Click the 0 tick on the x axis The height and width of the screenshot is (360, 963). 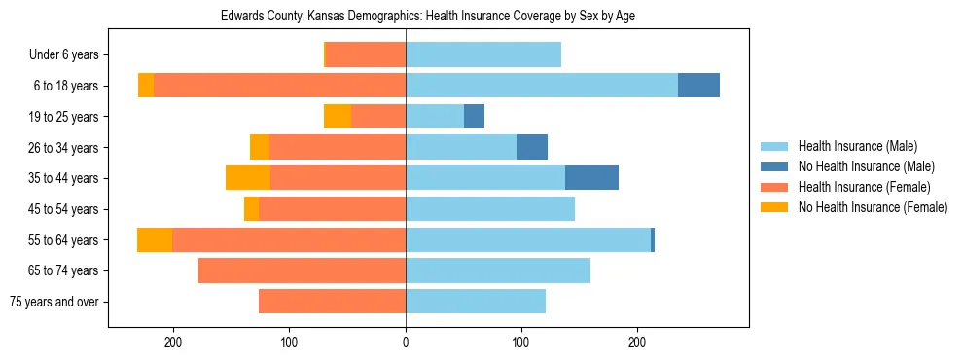click(x=406, y=342)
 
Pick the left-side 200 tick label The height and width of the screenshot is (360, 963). click(x=174, y=342)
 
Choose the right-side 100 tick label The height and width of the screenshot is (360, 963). click(x=520, y=342)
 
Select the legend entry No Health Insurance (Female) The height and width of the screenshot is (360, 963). click(x=873, y=207)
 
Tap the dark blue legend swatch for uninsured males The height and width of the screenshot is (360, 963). click(x=774, y=166)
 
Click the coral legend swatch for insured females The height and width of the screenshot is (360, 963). click(x=774, y=187)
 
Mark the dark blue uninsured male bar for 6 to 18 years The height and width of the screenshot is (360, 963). click(x=698, y=86)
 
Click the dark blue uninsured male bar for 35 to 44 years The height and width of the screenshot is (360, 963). click(x=591, y=178)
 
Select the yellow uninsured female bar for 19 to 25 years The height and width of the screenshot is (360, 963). click(x=338, y=117)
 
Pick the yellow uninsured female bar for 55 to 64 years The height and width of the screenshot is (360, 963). click(x=155, y=239)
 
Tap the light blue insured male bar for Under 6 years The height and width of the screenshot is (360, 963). click(x=483, y=55)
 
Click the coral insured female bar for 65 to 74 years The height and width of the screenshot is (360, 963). click(x=302, y=270)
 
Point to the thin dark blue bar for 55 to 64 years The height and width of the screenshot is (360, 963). click(x=653, y=239)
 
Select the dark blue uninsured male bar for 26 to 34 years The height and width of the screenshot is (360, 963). click(x=532, y=147)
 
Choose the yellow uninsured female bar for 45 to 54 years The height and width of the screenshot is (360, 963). click(x=251, y=209)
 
